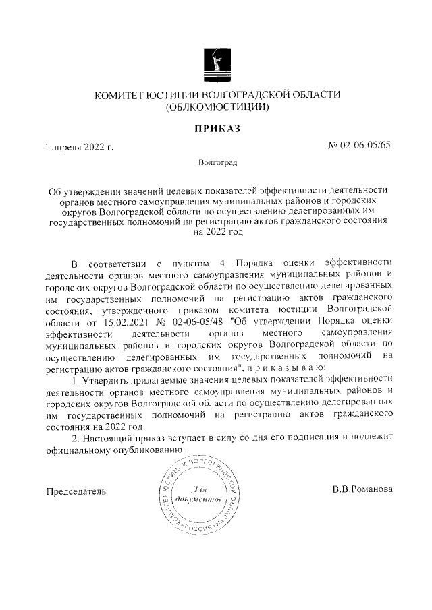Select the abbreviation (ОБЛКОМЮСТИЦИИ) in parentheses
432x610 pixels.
tap(216, 107)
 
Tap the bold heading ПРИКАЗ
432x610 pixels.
tap(215, 129)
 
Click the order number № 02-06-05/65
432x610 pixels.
tap(357, 146)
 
